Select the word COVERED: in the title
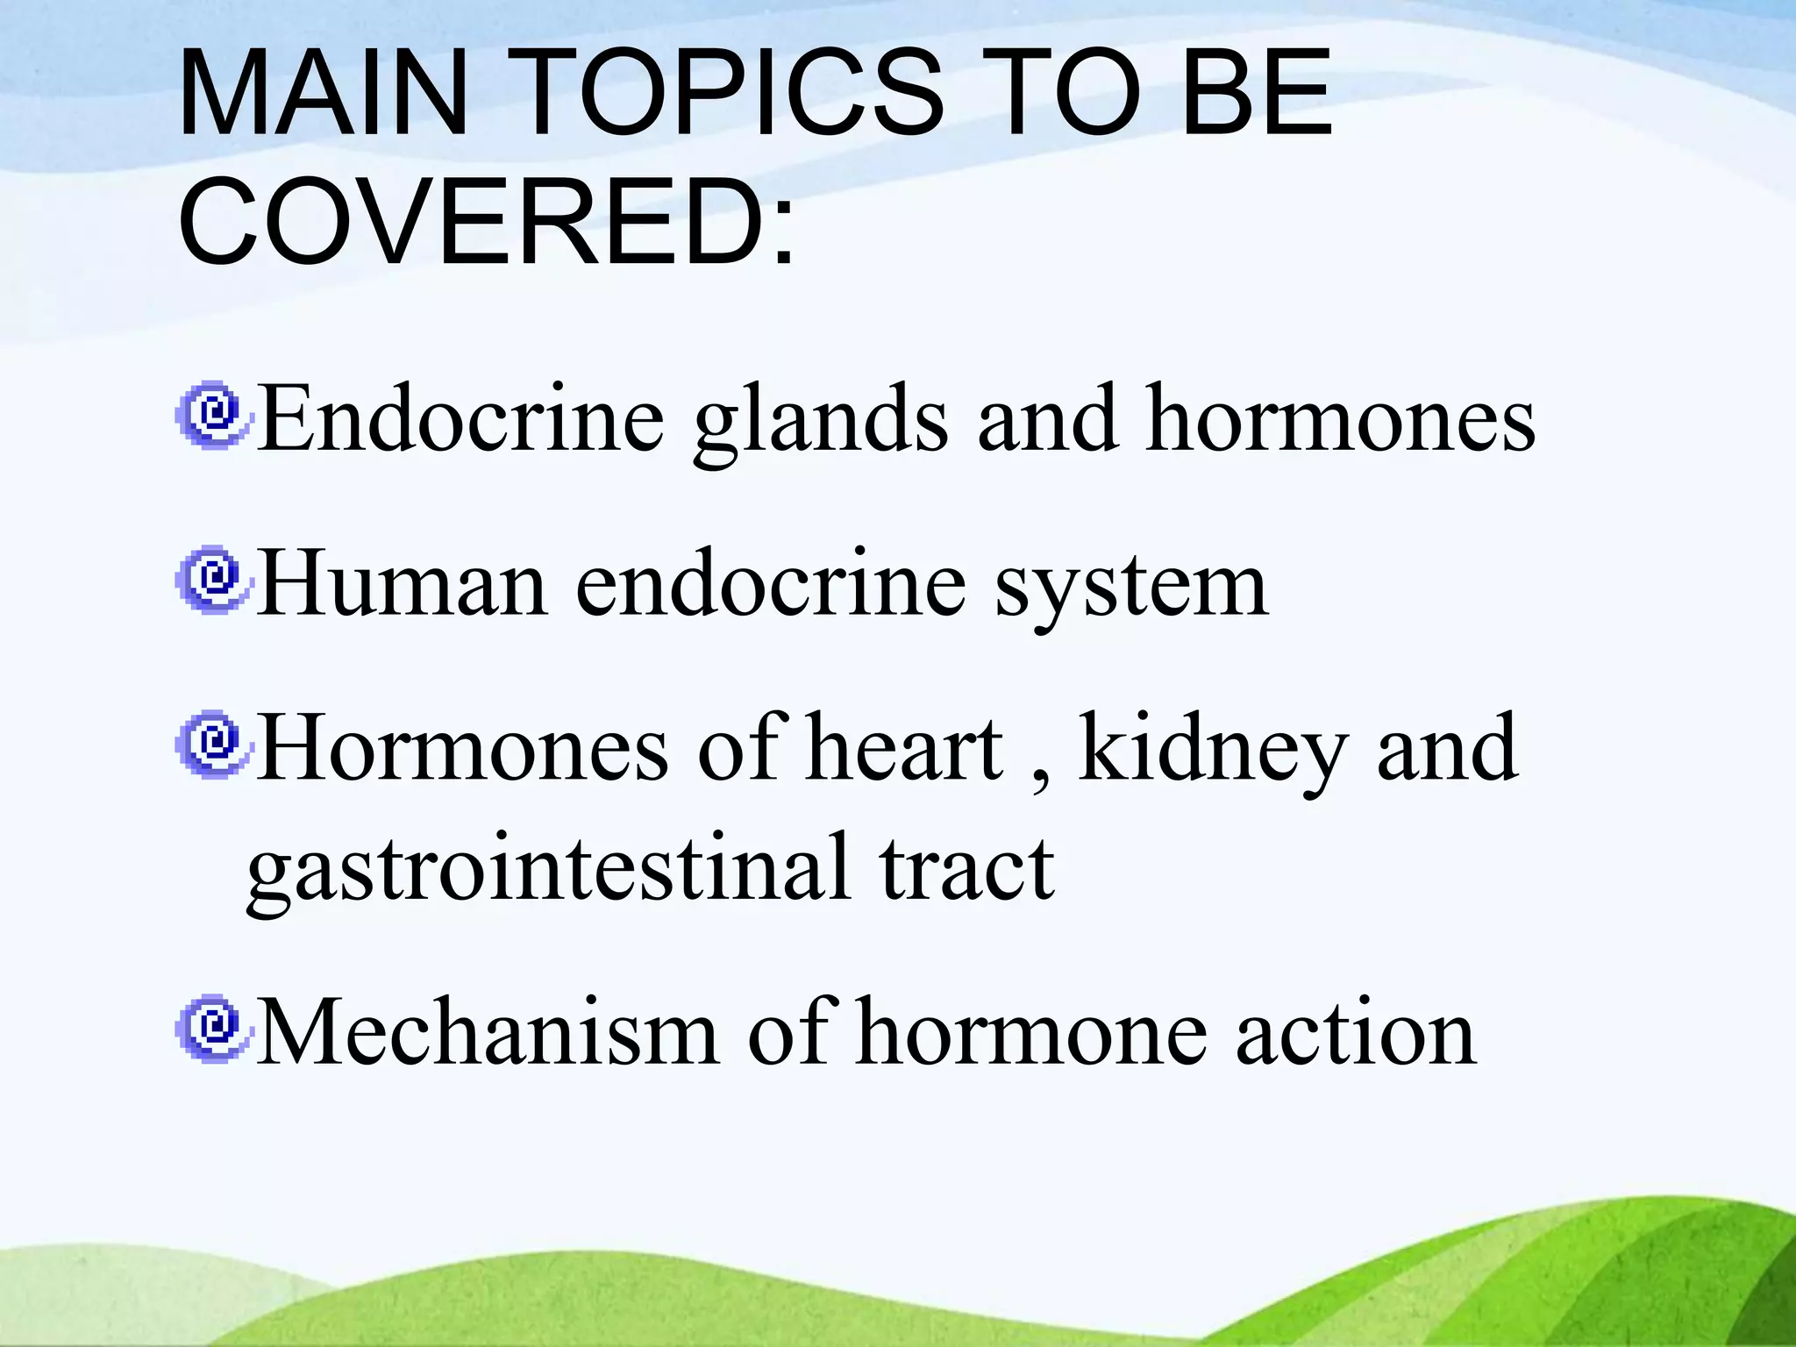tap(487, 221)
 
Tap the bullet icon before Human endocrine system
tap(212, 580)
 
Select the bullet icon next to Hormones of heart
tap(212, 745)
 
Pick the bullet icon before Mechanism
tap(212, 1029)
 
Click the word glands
tap(820, 421)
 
